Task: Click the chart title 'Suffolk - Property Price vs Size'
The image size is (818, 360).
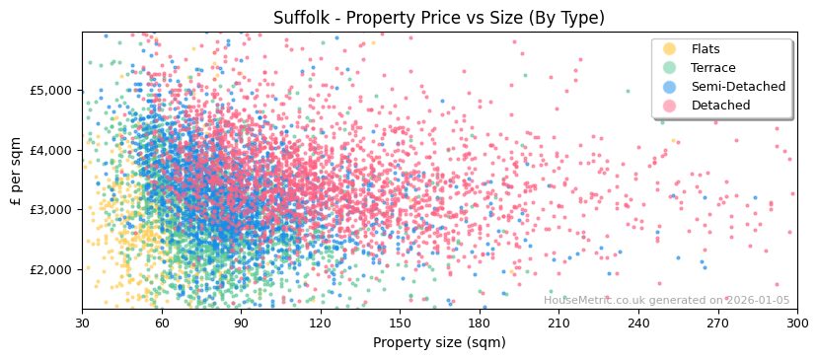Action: (x=439, y=18)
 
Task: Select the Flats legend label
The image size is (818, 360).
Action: (x=706, y=49)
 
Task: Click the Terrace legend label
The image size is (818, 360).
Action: (x=712, y=68)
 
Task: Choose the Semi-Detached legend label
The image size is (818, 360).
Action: (x=738, y=87)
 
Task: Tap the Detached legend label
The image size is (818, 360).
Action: (x=720, y=106)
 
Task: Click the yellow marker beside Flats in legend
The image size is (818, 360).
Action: (x=670, y=49)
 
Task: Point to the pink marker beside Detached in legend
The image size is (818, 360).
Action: (x=670, y=106)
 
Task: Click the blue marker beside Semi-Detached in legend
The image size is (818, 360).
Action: (x=670, y=87)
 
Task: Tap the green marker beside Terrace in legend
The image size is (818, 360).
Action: (x=670, y=68)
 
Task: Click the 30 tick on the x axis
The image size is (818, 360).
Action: (x=82, y=323)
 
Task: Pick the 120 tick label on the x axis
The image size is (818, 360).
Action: (x=321, y=323)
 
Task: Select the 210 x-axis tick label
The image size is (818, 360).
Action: (x=558, y=323)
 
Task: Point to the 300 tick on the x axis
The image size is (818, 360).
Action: (x=796, y=323)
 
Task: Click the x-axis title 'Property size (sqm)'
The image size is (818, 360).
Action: (x=439, y=343)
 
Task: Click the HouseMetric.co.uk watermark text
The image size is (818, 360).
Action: (x=666, y=300)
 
